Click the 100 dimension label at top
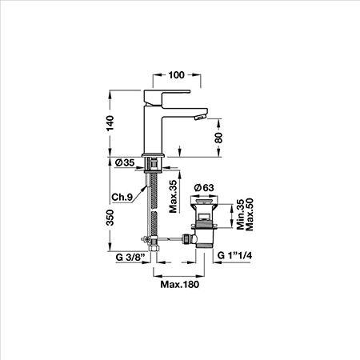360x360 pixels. click(176, 75)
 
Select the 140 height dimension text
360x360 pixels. click(110, 123)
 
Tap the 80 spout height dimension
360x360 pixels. click(218, 138)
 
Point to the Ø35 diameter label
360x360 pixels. click(125, 162)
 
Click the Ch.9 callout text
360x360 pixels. click(122, 197)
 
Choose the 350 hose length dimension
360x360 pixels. click(110, 218)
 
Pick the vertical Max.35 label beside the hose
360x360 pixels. click(174, 197)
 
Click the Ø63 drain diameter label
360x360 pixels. click(204, 188)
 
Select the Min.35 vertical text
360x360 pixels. click(241, 214)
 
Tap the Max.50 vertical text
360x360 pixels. click(249, 214)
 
